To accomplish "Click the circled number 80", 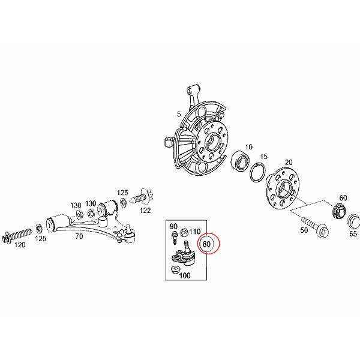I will pyautogui.click(x=208, y=244).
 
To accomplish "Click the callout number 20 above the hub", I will pyautogui.click(x=289, y=163).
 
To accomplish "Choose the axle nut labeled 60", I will pyautogui.click(x=337, y=211).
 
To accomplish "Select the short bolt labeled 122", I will pyautogui.click(x=143, y=196).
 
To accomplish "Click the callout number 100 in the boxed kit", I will pyautogui.click(x=185, y=276).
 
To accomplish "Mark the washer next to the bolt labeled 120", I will pyautogui.click(x=40, y=228).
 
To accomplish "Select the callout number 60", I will pyautogui.click(x=343, y=198).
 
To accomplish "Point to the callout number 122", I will pyautogui.click(x=145, y=211).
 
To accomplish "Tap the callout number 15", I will pyautogui.click(x=262, y=157).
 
